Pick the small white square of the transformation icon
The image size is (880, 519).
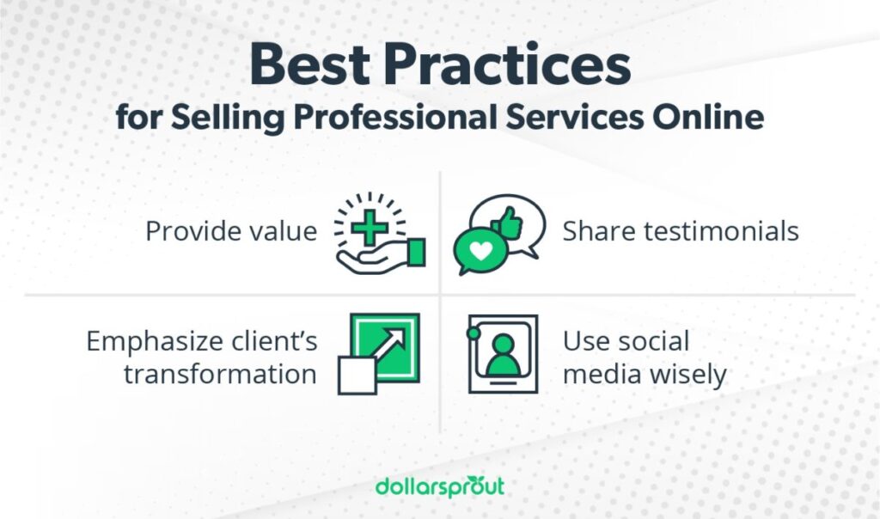[x=357, y=376]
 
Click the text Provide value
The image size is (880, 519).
[x=231, y=231]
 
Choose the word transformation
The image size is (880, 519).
[x=220, y=375]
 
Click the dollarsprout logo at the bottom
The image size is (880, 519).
[x=440, y=486]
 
